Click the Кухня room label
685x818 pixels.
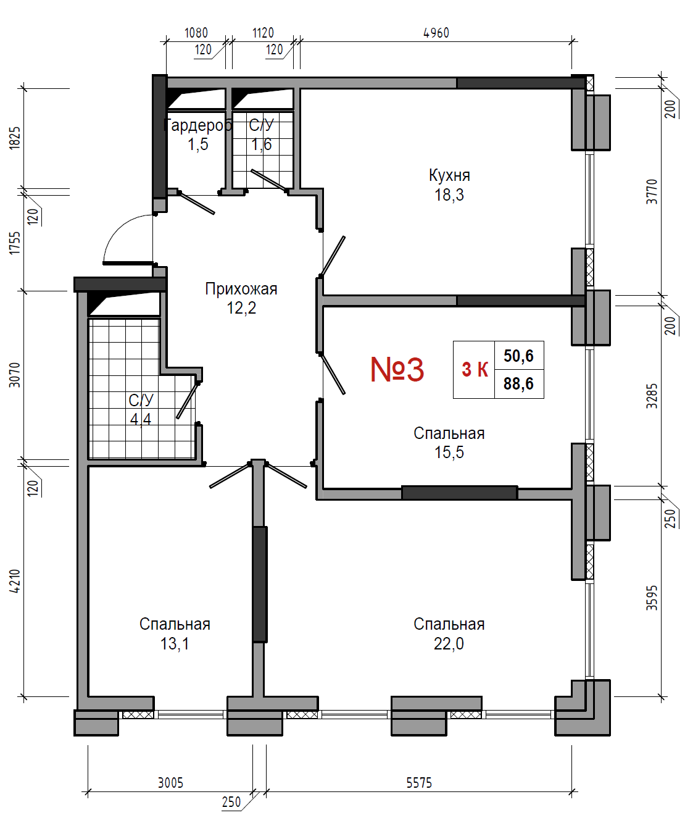(449, 175)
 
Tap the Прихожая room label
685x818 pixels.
(241, 289)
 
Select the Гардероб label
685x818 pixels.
(197, 125)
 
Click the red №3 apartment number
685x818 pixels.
(397, 369)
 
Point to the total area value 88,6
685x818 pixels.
(518, 383)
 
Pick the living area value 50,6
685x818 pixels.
(518, 356)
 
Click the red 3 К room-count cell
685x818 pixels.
(475, 369)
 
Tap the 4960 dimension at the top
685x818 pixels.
(436, 33)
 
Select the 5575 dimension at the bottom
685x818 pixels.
(419, 783)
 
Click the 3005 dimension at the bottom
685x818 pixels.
(170, 783)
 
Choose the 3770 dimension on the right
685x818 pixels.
(652, 191)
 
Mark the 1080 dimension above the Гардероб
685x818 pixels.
(196, 33)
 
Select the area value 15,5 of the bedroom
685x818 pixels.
(449, 453)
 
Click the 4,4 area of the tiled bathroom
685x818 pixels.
(141, 420)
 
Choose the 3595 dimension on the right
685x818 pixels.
(652, 598)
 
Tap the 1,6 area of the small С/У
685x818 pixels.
(261, 144)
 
